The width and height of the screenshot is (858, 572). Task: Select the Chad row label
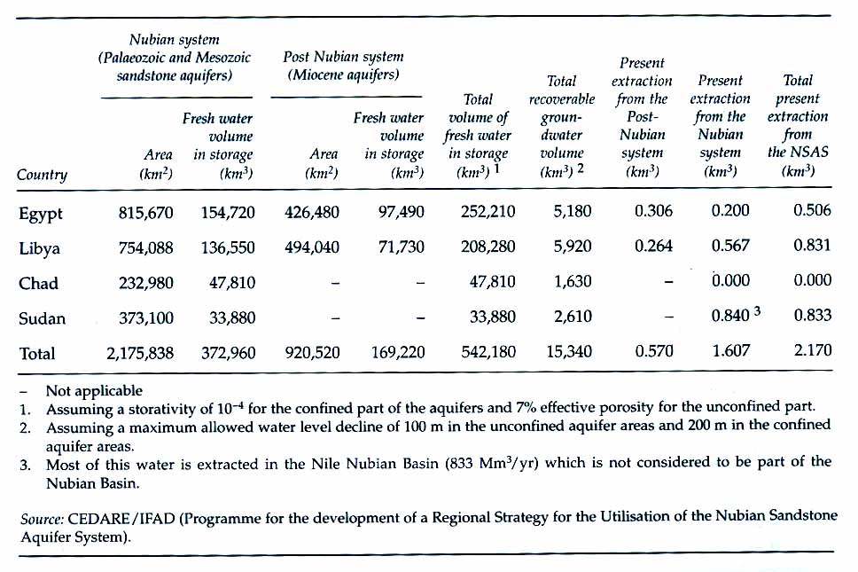pyautogui.click(x=38, y=284)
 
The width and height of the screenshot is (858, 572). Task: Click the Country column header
pyautogui.click(x=42, y=175)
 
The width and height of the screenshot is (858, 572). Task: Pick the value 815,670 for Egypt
pyautogui.click(x=145, y=213)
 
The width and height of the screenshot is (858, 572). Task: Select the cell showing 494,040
pyautogui.click(x=311, y=248)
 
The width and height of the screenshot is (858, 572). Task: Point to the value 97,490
pyautogui.click(x=397, y=213)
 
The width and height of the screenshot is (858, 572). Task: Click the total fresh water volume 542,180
pyautogui.click(x=487, y=353)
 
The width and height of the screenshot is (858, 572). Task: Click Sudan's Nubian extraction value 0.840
pyautogui.click(x=730, y=318)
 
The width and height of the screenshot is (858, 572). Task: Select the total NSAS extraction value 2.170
pyautogui.click(x=813, y=352)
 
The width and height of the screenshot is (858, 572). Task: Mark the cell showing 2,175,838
pyautogui.click(x=140, y=353)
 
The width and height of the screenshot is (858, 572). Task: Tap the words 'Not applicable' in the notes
pyautogui.click(x=94, y=390)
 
